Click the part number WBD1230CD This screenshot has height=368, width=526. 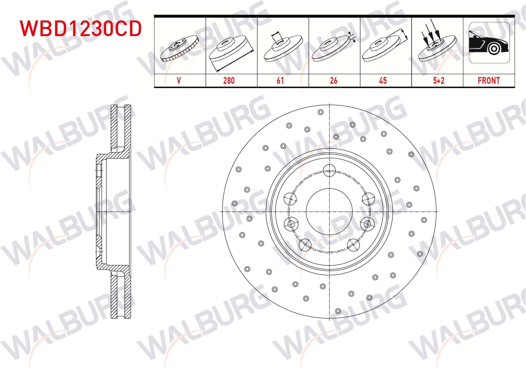point(81,28)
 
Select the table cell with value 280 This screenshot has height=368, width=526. point(229,81)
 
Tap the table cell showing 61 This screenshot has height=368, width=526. point(280,81)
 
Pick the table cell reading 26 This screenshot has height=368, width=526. point(333,81)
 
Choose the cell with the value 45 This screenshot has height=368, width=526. point(383,81)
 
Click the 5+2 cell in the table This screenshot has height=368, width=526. point(438,81)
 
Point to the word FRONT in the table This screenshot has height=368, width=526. point(489,81)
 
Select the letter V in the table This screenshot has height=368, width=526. point(179,81)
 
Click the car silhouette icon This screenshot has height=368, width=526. point(489,43)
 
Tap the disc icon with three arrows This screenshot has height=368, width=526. point(437,44)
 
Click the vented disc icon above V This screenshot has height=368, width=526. point(179,48)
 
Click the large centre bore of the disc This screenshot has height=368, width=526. point(329,212)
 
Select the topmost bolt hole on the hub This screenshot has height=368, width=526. point(329,170)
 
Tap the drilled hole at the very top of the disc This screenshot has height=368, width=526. point(321,112)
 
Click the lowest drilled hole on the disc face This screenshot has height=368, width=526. point(338,311)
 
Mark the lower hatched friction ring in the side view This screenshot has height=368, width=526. point(121,296)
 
